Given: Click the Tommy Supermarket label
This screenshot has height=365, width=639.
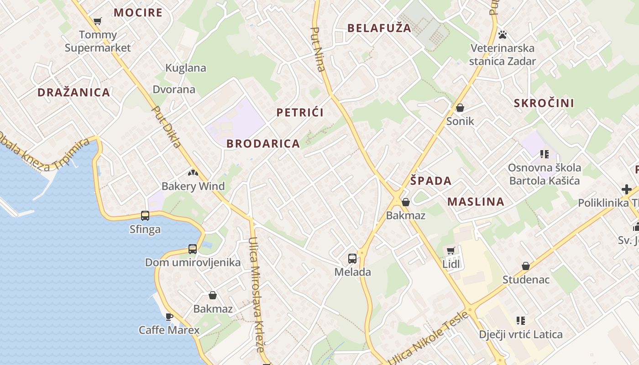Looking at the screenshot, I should [98, 41].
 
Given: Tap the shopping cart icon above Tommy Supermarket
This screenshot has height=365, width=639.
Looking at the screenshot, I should [97, 21].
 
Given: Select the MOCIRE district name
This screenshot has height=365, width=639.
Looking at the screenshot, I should [138, 12].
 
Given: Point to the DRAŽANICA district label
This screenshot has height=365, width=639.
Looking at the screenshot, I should [74, 92].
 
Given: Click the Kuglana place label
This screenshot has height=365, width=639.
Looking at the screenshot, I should [186, 68].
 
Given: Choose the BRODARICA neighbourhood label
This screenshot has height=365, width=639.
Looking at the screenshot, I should [263, 144].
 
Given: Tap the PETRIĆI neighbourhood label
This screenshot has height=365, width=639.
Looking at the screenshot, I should [300, 113].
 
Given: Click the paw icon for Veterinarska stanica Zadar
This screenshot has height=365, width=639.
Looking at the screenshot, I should [503, 35].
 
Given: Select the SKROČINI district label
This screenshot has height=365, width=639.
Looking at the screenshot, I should [544, 103].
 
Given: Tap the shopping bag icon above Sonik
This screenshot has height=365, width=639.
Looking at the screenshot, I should [460, 108].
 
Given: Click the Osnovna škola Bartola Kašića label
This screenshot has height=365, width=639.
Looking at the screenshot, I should [545, 174].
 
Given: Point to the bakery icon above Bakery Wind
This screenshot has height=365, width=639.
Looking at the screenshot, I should [193, 173].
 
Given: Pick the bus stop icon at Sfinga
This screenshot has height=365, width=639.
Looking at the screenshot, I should [145, 216].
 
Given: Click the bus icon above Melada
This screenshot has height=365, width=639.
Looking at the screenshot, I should [352, 259].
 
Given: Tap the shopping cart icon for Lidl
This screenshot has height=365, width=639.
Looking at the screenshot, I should [451, 250].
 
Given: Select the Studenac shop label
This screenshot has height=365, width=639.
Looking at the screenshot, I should [526, 279].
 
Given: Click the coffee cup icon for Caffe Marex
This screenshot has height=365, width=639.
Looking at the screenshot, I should [169, 316].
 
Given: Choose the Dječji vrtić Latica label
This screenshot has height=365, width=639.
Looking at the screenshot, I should [521, 334].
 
